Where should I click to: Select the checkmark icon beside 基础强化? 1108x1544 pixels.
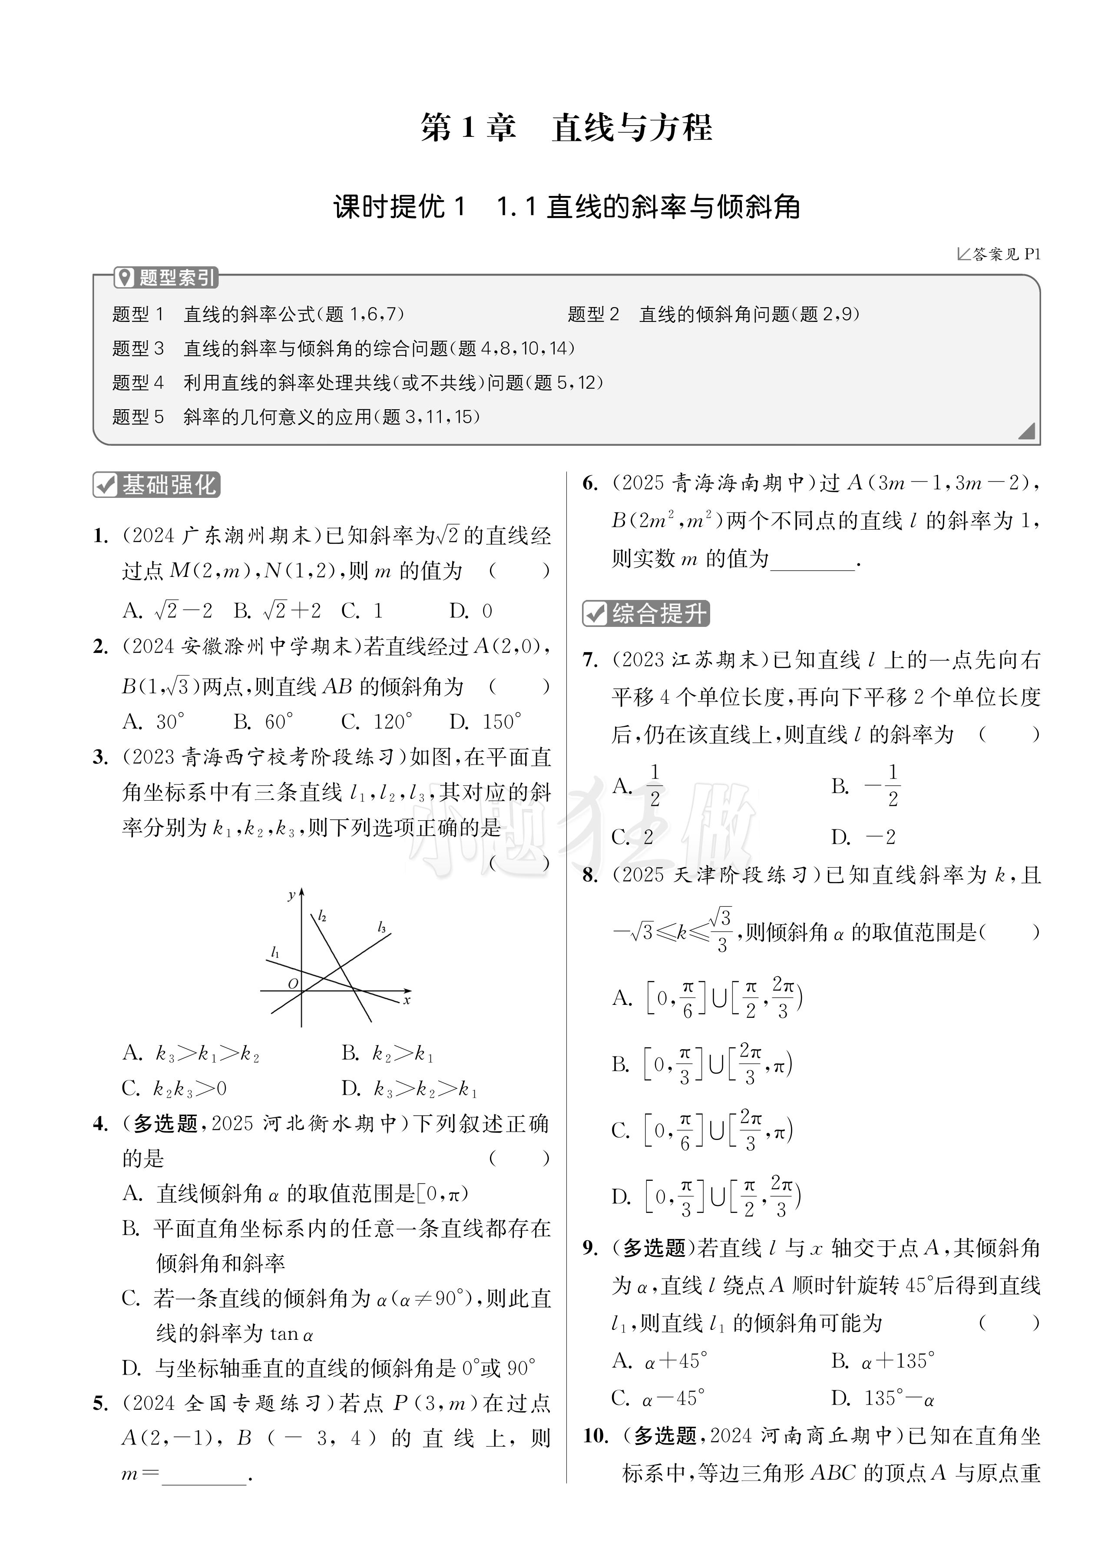[106, 485]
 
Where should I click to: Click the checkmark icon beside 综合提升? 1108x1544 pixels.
[595, 613]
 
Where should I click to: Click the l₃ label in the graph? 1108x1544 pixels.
[382, 927]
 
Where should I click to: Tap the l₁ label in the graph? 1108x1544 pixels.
[275, 952]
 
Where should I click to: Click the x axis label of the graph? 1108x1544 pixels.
[406, 1000]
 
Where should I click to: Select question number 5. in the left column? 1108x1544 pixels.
[100, 1403]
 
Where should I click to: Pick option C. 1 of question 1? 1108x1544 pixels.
[362, 611]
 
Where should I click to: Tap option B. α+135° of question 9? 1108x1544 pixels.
[883, 1361]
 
